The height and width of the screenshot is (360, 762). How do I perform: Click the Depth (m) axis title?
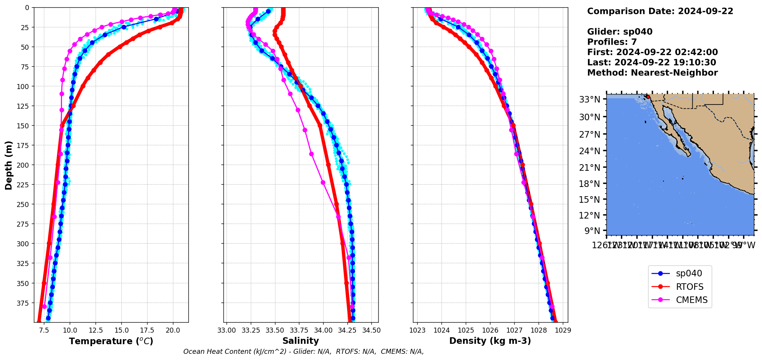[x=8, y=165]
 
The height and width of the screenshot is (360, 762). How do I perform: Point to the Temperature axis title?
[x=111, y=341]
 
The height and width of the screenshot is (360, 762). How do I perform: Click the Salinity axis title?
[x=300, y=341]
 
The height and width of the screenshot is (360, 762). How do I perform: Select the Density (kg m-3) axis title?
[x=490, y=341]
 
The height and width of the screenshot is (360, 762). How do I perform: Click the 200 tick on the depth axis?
[x=23, y=165]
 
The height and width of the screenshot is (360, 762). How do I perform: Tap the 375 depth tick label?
[x=23, y=303]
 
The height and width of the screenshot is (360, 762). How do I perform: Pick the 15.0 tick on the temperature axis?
[x=121, y=330]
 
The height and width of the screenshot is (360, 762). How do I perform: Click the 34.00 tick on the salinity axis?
[x=323, y=330]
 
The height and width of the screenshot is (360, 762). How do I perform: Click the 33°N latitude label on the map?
[x=589, y=99]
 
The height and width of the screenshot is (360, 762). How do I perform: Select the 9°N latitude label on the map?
[x=592, y=231]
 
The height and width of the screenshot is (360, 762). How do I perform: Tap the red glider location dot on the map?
[x=648, y=97]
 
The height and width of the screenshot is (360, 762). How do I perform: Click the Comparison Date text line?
[x=660, y=11]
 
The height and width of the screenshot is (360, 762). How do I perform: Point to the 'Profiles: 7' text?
[x=612, y=42]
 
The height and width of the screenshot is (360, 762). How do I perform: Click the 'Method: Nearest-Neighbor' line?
[x=652, y=73]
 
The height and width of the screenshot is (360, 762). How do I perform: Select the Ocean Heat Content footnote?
[x=304, y=352]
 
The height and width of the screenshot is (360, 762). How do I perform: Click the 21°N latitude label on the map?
[x=589, y=168]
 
